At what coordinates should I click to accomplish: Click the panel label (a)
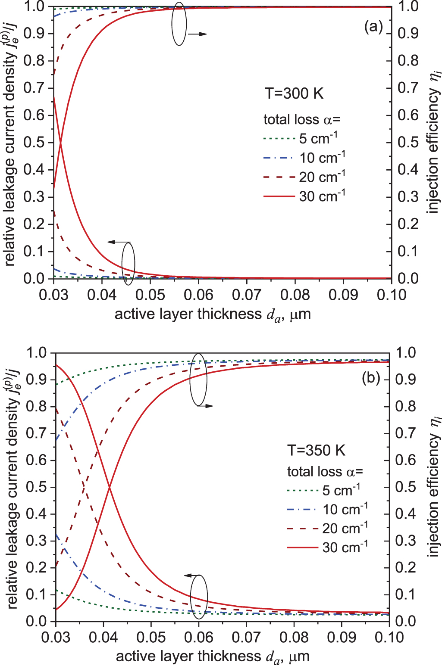coord(373,27)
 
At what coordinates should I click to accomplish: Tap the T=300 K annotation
coord(294,93)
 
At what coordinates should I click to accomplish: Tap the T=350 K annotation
coord(316,450)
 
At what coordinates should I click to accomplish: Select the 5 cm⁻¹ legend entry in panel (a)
coord(318,139)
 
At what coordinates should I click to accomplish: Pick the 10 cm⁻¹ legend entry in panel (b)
coord(345,509)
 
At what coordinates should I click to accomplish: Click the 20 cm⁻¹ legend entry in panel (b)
coord(345,528)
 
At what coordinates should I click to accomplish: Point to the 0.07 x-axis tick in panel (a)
coord(247,295)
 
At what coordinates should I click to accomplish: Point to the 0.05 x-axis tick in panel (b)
coord(151,637)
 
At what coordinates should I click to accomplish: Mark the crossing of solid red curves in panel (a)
coord(60,143)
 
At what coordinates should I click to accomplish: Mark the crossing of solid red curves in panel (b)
coord(109,487)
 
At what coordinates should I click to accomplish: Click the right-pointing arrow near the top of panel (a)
coord(197,34)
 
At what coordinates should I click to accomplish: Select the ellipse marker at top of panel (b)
coord(199,379)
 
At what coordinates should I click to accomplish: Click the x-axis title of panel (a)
coord(212,314)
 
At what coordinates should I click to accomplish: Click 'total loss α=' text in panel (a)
coord(302,119)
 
